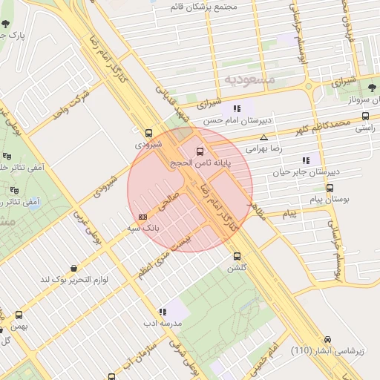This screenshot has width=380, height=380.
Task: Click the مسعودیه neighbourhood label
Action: pyautogui.click(x=249, y=79)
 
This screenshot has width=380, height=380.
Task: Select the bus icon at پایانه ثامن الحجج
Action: pyautogui.click(x=199, y=151)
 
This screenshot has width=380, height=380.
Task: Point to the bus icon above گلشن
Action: pyautogui.click(x=237, y=256)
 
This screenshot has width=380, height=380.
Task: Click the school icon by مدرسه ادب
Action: pyautogui.click(x=163, y=312)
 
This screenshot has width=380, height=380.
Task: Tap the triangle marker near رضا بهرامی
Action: pyautogui.click(x=263, y=137)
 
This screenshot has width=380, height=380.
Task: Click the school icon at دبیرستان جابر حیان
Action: pyautogui.click(x=306, y=160)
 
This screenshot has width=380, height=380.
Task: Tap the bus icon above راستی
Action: pyautogui.click(x=365, y=116)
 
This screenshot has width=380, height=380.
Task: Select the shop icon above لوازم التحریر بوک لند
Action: pyautogui.click(x=73, y=268)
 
